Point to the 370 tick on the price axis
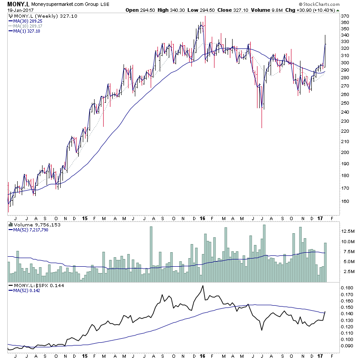tap(345, 16)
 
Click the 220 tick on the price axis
tap(345, 131)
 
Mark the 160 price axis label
tap(345, 202)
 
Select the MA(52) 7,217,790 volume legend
tap(31, 230)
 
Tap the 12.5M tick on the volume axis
tap(348, 231)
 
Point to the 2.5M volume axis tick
tap(348, 271)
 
